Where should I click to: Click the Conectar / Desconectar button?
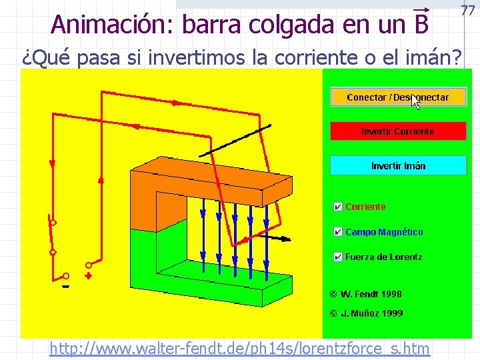click(397, 97)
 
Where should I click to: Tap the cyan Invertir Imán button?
click(398, 165)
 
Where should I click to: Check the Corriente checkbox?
click(338, 207)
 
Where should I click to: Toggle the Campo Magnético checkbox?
click(338, 232)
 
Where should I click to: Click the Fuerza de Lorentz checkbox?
click(338, 257)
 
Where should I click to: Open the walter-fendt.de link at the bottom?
click(239, 348)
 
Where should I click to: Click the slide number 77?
click(467, 10)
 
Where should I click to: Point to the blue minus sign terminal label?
click(65, 287)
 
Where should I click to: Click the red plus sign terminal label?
click(89, 275)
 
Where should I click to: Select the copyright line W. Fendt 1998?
click(365, 293)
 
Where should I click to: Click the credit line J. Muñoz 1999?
click(366, 313)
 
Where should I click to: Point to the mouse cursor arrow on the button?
click(415, 101)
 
